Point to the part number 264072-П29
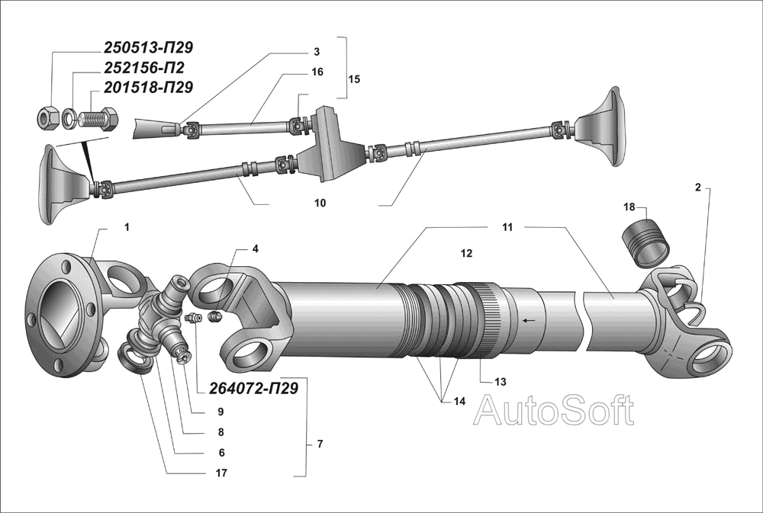coord(253,388)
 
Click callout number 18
coord(629,207)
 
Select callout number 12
coord(467,252)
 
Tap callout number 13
coord(501,380)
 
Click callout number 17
coord(221,473)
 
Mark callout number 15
coord(353,79)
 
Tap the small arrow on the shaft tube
coord(526,320)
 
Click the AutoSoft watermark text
coord(554,411)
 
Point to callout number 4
coord(255,249)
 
